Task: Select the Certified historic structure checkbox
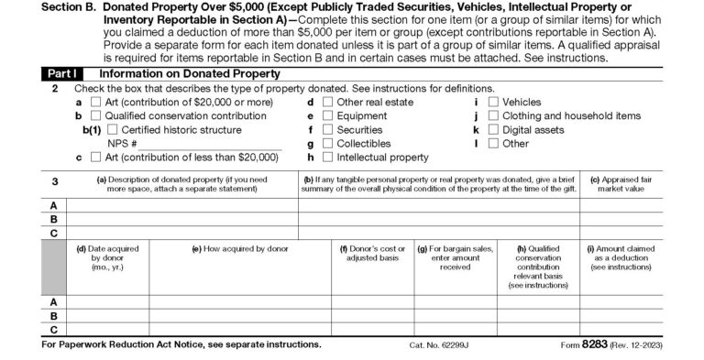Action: tap(113, 130)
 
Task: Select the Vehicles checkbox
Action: tap(494, 103)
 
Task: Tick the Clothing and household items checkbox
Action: tap(494, 116)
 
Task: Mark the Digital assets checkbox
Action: tap(494, 130)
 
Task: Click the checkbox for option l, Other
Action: tap(494, 144)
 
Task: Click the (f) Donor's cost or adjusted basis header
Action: tap(372, 254)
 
